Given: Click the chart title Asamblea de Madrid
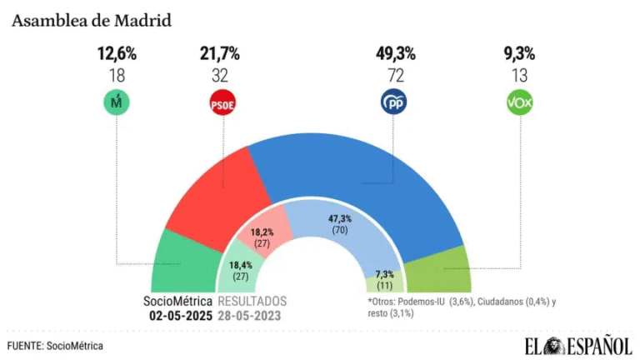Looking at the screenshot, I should point(92,20).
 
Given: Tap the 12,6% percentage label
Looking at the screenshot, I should point(117,54).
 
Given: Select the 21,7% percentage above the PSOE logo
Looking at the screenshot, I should point(220,54).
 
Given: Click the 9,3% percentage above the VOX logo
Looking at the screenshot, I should point(519,54).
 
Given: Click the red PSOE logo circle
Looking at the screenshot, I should point(220,103).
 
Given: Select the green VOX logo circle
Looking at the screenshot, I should point(519,103).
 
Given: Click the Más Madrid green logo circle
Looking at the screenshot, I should point(117,103).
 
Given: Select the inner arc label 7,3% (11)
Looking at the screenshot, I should point(385,277).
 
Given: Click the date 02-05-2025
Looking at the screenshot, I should point(181,316).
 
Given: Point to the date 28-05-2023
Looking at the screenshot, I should point(252,316).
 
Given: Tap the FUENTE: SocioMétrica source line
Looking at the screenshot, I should point(56,345).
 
